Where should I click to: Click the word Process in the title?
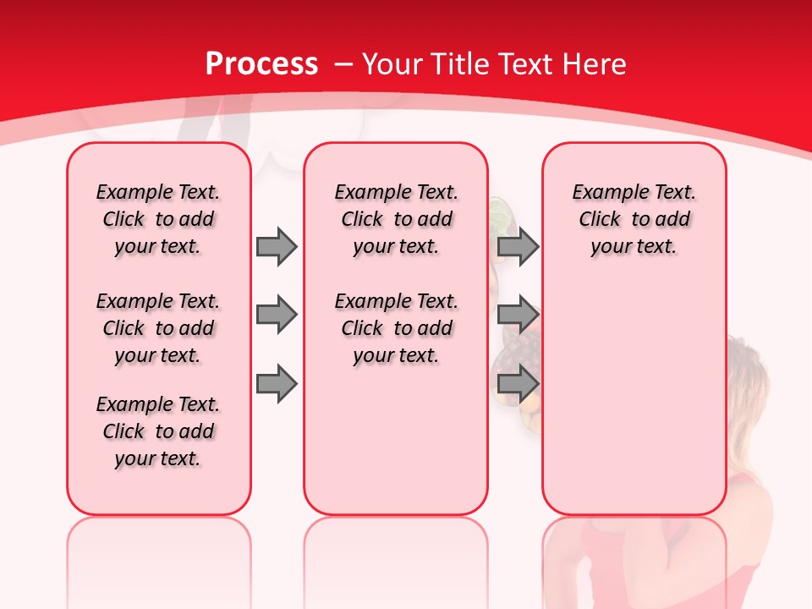tap(261, 64)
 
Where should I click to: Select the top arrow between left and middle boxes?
tap(277, 246)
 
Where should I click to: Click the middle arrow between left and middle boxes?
tap(277, 315)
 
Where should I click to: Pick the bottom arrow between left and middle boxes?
tap(277, 384)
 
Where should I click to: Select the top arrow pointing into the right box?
tap(518, 246)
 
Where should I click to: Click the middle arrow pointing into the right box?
tap(518, 315)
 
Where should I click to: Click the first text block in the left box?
tap(158, 219)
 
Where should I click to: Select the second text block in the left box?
tap(158, 328)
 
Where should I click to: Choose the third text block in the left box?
tap(158, 431)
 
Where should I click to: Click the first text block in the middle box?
tap(396, 219)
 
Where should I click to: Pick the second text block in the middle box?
tap(396, 328)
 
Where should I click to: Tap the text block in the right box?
tap(634, 219)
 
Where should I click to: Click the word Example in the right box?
tap(603, 192)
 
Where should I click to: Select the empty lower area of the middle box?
tap(396, 440)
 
